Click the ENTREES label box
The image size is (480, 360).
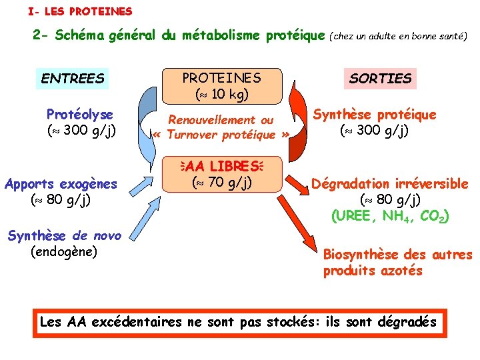coord(73,79)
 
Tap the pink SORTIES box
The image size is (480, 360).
coord(381,79)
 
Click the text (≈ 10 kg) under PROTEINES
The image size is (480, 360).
coord(222,95)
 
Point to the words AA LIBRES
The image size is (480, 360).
coord(222,165)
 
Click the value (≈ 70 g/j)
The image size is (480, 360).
coord(222,181)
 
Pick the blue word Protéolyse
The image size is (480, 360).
coord(80,114)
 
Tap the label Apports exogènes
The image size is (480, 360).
coord(61,183)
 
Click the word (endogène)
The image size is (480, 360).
coord(64,251)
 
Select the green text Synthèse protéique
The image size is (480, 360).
coord(375,114)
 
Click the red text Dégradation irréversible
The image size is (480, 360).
coord(389,183)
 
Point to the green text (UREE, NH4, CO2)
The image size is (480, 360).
coord(390,216)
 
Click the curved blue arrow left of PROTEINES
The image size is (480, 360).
coord(147,113)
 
